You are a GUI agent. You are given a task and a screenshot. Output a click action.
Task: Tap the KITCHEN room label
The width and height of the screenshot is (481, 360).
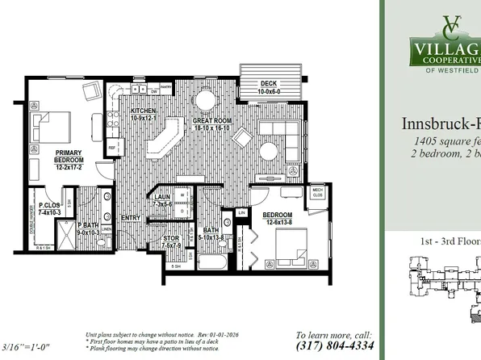[132, 111]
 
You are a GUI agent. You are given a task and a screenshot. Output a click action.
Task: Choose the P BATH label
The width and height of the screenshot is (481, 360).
[87, 228]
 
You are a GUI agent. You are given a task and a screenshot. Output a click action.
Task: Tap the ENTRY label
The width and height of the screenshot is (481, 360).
[131, 218]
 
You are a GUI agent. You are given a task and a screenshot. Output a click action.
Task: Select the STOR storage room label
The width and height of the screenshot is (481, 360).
[171, 241]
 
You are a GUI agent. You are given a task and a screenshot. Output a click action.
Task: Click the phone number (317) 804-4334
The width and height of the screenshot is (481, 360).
[334, 345]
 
